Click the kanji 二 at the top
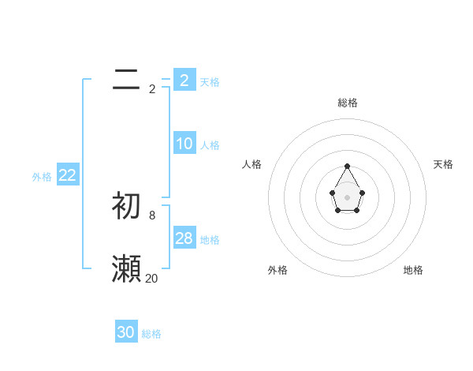click(126, 80)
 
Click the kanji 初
click(126, 205)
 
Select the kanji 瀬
click(126, 269)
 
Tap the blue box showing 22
click(67, 175)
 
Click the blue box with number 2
click(184, 80)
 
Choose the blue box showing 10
click(184, 144)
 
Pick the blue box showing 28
click(184, 238)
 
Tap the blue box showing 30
click(126, 332)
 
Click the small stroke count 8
click(152, 215)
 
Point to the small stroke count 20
click(152, 278)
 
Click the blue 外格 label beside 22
click(42, 177)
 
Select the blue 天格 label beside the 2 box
click(210, 81)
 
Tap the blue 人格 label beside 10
click(210, 145)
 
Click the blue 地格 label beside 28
click(210, 240)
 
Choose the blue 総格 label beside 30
click(151, 334)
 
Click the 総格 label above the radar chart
click(347, 103)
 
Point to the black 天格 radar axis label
click(443, 164)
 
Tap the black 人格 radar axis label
click(251, 164)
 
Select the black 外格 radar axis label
click(277, 270)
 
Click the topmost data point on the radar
click(347, 166)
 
